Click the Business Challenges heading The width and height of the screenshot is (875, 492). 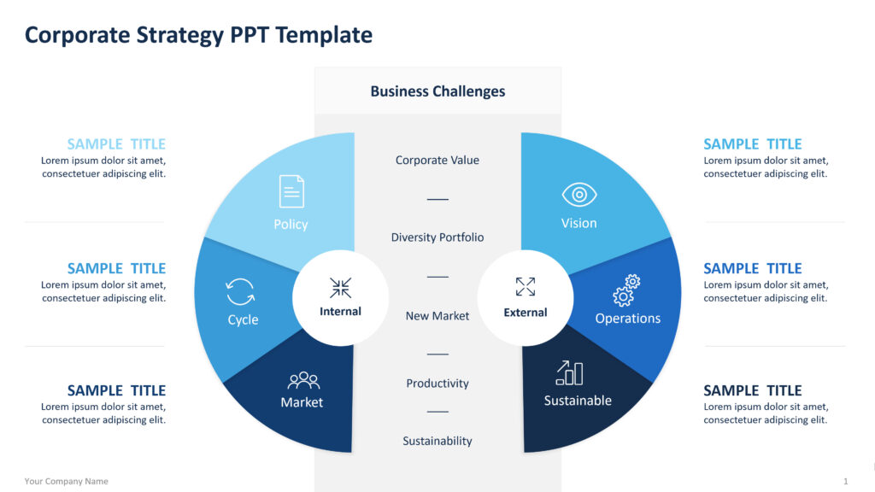(x=437, y=91)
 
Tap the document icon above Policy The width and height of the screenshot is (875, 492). (x=291, y=191)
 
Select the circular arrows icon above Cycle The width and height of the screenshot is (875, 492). (x=240, y=292)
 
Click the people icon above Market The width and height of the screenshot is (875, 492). (x=303, y=380)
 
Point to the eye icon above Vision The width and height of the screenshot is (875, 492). (x=579, y=195)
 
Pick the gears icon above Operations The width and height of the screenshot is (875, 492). (x=626, y=290)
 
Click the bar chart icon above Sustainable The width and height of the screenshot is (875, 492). (x=569, y=372)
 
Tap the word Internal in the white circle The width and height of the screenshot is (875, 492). (x=340, y=311)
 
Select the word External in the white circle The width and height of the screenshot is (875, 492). (x=526, y=313)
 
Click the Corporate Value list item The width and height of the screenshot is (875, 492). (x=437, y=160)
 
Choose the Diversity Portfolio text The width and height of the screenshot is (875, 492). (x=437, y=237)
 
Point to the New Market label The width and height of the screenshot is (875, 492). (x=437, y=316)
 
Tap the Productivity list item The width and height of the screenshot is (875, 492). (x=437, y=384)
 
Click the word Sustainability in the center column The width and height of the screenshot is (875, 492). (x=437, y=441)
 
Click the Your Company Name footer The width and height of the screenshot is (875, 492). (x=67, y=481)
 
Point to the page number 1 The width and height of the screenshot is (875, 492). (x=845, y=481)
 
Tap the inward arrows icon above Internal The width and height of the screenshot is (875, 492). (x=340, y=288)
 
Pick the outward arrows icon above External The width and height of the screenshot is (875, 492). (x=526, y=287)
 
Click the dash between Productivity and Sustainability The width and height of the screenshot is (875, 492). (x=437, y=412)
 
